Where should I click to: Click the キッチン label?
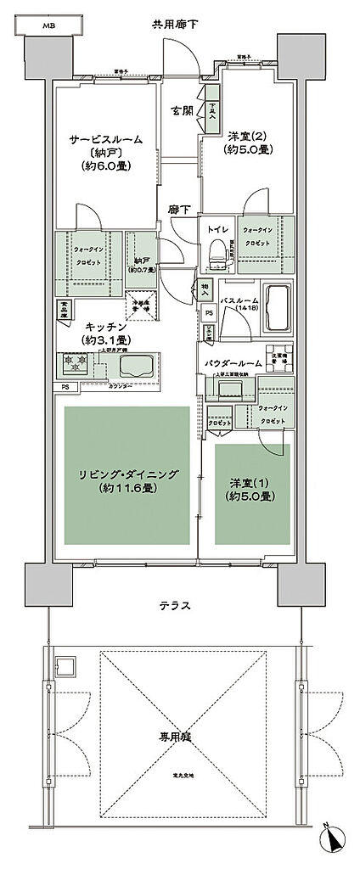point(106,326)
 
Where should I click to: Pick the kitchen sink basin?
point(137,366)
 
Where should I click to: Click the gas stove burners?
point(73,366)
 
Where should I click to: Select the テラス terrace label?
point(173,606)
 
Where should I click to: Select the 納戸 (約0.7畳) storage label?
point(140,265)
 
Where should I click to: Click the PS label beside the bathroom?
point(210,313)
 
